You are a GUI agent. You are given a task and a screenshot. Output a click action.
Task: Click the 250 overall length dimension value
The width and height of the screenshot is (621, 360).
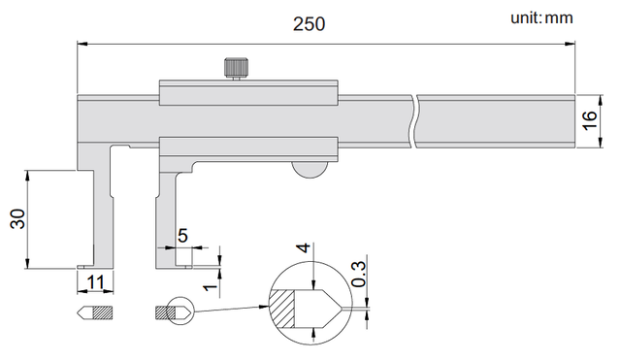[x=309, y=23]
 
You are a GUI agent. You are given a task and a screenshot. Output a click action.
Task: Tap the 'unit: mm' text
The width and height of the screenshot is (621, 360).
[x=541, y=17]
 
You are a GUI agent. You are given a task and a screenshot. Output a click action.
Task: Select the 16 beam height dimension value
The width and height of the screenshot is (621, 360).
[x=590, y=120]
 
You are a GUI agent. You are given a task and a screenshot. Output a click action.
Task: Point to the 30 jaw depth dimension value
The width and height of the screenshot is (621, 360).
[x=17, y=218]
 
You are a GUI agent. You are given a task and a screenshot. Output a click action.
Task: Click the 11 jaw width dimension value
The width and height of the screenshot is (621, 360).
[x=95, y=282]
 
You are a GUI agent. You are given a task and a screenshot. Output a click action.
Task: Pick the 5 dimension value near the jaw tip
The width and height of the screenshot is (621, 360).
[x=182, y=236]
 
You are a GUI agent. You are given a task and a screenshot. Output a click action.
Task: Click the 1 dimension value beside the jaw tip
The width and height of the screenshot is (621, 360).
[x=211, y=286]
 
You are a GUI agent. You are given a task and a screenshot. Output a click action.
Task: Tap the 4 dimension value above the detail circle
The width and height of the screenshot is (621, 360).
[x=304, y=247]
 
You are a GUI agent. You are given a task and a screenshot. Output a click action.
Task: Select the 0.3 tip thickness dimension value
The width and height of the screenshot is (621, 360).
[x=359, y=274]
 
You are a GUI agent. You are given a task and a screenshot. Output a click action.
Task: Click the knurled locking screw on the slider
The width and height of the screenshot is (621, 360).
[x=237, y=68]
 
